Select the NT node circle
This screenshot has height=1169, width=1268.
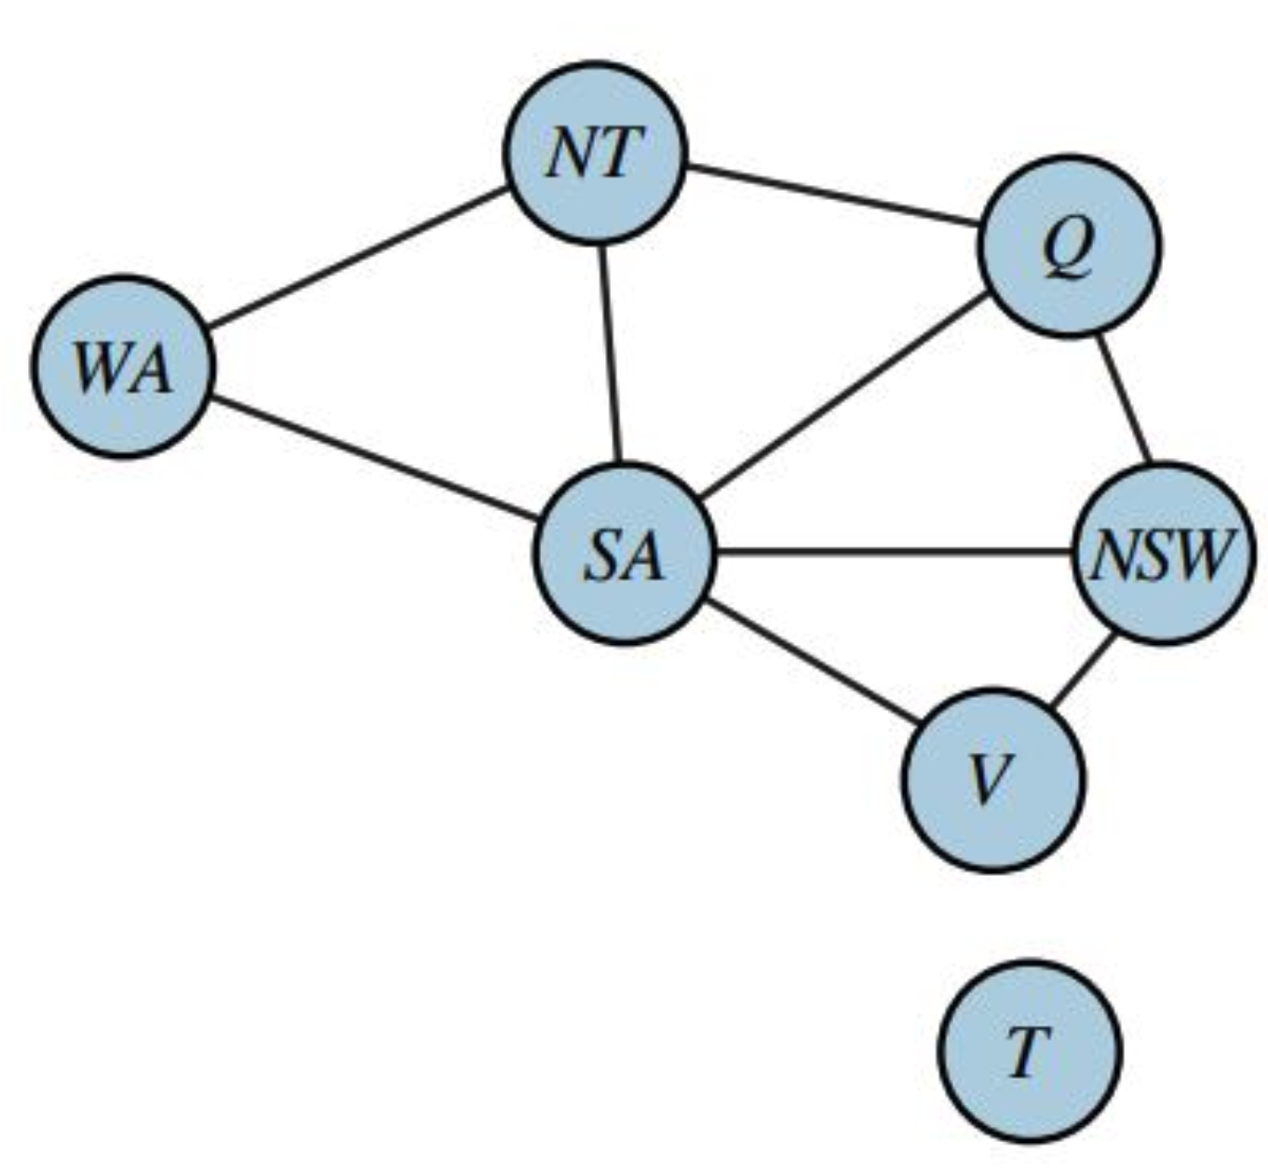point(596,153)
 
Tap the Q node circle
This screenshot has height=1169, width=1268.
point(1069,246)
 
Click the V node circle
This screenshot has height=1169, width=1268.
point(993,779)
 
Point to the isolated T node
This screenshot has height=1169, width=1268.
point(1029,1052)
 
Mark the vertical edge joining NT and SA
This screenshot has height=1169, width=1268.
point(609,353)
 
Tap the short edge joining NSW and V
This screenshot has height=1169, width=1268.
point(1082,671)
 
